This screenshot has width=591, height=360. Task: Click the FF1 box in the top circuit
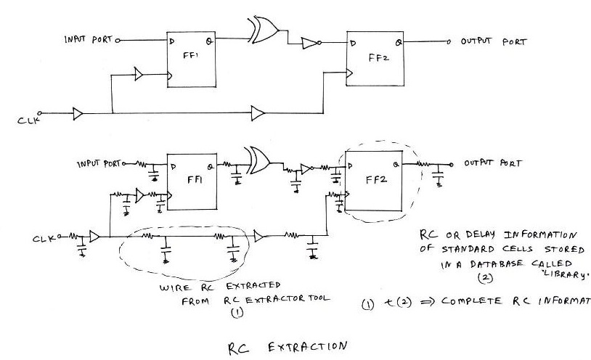188,58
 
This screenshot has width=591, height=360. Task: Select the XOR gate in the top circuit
263,30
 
